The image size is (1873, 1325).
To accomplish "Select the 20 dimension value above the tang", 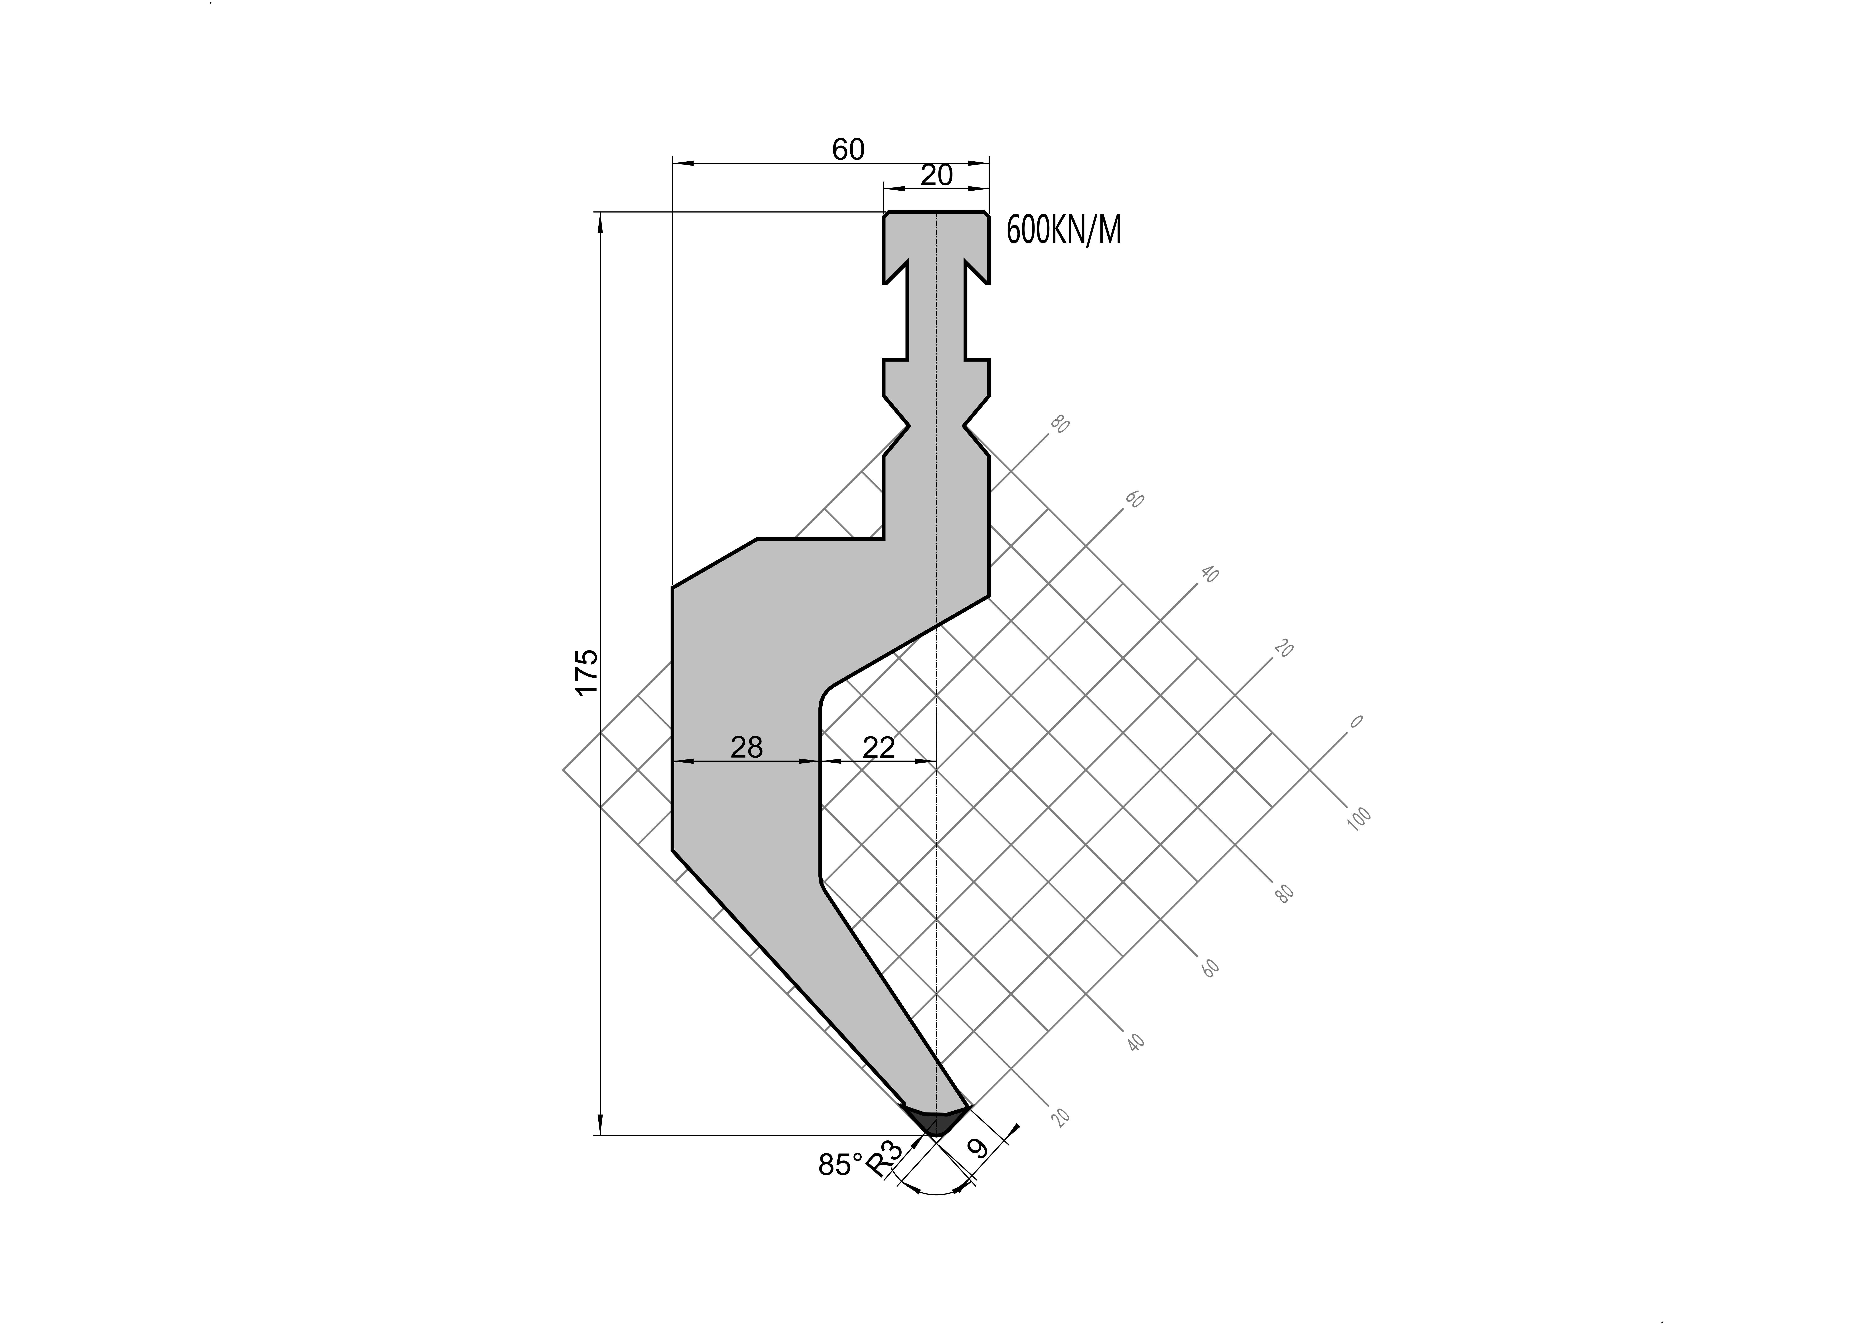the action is [x=937, y=175].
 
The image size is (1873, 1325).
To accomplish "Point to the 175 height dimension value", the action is [x=587, y=672].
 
